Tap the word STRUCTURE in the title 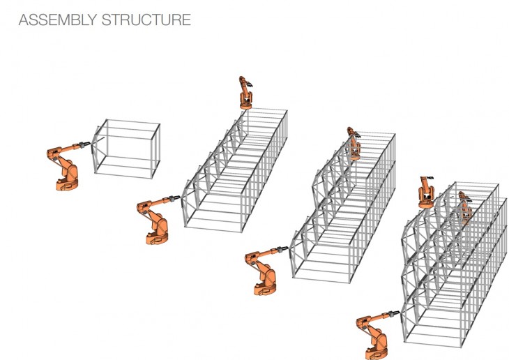point(146,20)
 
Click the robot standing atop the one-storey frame point(245,93)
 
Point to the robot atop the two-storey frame point(354,143)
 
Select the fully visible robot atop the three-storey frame point(426,193)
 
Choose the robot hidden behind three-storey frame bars point(465,208)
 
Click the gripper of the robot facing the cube point(85,144)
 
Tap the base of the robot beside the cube point(67,185)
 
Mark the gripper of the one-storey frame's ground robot point(175,199)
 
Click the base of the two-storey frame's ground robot point(265,289)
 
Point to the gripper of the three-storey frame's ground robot point(395,314)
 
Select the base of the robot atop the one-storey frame point(245,105)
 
